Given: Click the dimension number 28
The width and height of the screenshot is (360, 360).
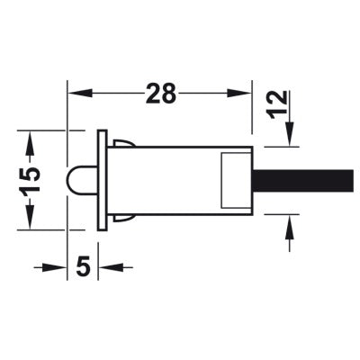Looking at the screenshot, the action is pyautogui.click(x=160, y=94).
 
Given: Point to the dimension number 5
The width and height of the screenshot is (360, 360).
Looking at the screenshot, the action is pyautogui.click(x=83, y=266).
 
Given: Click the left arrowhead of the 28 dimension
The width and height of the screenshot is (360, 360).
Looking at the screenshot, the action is pyautogui.click(x=80, y=93).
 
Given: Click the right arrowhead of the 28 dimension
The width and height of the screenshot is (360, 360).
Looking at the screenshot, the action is pyautogui.click(x=238, y=93).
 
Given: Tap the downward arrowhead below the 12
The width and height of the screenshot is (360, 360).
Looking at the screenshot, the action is pyautogui.click(x=290, y=134).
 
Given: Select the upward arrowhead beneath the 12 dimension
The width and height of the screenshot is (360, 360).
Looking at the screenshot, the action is pyautogui.click(x=290, y=227).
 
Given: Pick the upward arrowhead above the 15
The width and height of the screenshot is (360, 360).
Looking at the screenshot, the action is pyautogui.click(x=30, y=143).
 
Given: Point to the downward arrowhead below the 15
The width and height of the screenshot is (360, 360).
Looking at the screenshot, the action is pyautogui.click(x=30, y=217).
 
